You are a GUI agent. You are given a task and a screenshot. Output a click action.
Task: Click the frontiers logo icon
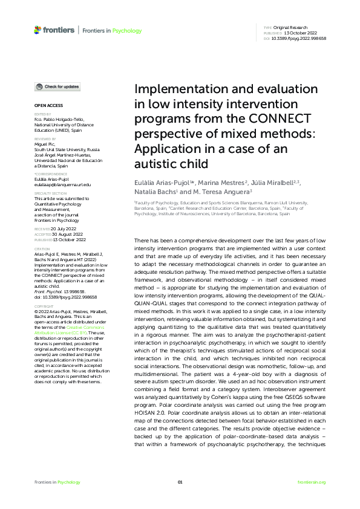38,30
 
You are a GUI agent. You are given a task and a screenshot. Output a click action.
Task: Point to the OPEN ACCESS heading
47,105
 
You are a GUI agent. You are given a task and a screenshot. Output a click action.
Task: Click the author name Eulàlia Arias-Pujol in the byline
162,184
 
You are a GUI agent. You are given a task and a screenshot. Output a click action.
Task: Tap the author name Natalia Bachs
156,193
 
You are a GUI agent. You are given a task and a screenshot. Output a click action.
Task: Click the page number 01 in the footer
180,482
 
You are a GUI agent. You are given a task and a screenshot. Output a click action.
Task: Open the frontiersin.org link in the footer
312,482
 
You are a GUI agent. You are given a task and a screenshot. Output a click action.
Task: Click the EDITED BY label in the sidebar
42,114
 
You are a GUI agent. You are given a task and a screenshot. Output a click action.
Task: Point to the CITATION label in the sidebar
42,248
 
